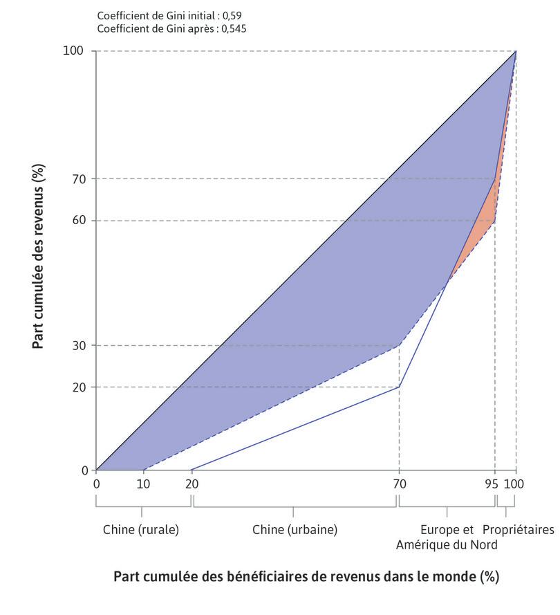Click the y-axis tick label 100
(74, 51)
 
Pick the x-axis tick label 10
(144, 484)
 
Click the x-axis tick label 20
(192, 484)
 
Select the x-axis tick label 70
(399, 484)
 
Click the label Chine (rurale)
(141, 530)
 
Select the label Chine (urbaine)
(295, 530)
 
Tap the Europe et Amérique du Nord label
(447, 538)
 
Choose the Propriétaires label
(518, 530)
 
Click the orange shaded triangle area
(485, 221)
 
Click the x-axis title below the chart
(306, 576)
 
